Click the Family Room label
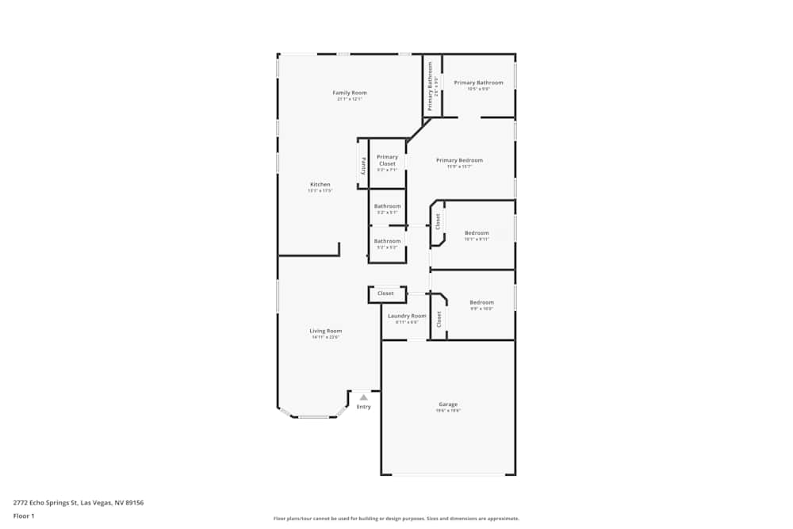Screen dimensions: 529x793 [350, 93]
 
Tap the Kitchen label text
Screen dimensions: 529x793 [320, 185]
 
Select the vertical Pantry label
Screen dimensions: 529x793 [363, 165]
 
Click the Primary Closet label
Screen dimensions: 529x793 [387, 160]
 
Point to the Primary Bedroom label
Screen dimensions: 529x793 [459, 160]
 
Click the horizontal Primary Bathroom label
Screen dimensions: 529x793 [478, 82]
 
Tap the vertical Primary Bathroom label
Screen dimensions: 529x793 [431, 86]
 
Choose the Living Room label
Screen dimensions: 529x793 [325, 331]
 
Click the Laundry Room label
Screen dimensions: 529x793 [407, 316]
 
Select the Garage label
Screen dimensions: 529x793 [448, 404]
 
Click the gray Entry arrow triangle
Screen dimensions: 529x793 [363, 397]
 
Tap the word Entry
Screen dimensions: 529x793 [363, 407]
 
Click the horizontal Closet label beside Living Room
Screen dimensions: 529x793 [385, 293]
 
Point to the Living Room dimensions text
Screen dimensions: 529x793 [325, 338]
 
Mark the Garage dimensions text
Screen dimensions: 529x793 [448, 411]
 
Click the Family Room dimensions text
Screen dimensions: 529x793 [350, 99]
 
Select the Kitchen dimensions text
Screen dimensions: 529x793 [320, 191]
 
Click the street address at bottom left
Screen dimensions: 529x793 [78, 502]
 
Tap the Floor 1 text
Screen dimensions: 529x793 [24, 516]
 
